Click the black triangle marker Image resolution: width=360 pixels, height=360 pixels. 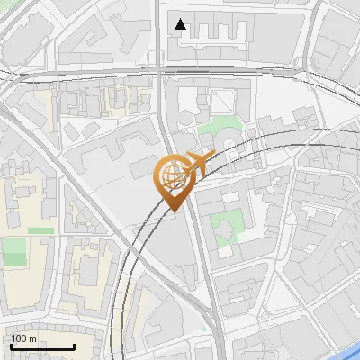182,24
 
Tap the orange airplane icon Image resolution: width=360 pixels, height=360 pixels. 200,163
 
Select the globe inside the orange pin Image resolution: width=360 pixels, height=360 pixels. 171,175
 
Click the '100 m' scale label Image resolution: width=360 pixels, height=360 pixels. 24,338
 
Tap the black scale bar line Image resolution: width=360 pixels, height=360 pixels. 42,347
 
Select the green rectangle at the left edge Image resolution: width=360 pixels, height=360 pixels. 13,252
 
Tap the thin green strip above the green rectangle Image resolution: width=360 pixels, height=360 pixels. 40,230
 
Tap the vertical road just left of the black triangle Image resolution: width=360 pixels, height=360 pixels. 157,27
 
